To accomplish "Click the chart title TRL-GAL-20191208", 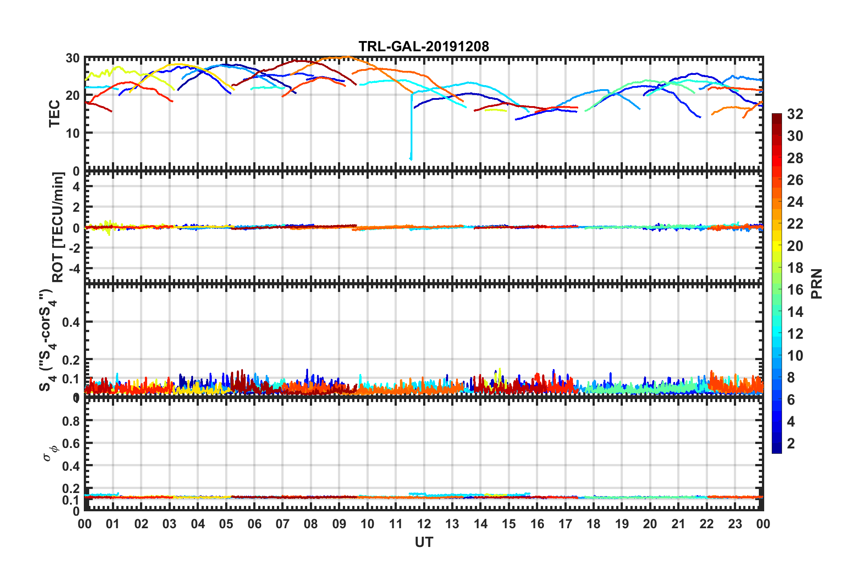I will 424,46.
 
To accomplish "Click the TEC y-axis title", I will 54,114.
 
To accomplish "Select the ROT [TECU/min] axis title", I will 58,227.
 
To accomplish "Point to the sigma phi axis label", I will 50,451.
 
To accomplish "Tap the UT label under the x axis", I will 424,542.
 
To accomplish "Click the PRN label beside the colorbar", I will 817,283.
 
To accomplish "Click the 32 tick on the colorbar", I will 795,114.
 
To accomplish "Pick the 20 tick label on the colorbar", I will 795,246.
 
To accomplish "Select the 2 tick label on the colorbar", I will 791,444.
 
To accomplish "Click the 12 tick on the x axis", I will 424,524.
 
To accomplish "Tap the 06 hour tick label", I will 255,524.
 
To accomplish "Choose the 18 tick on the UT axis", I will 593,524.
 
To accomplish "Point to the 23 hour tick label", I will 735,524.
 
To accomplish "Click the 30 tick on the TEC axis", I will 73,58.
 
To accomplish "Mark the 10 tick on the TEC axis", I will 73,133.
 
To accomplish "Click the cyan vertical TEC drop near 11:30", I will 411,129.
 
